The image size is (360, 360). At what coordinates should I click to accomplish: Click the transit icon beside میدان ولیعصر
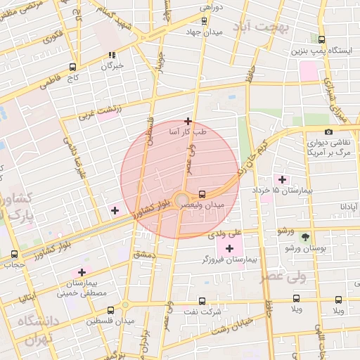click(202, 193)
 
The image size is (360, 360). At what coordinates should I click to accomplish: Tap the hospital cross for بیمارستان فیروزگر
click(229, 248)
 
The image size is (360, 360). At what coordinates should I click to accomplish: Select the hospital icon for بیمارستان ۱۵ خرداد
click(284, 179)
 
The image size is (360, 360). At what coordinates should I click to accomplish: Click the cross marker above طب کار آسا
click(188, 121)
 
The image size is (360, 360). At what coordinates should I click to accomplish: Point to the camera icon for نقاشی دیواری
click(328, 132)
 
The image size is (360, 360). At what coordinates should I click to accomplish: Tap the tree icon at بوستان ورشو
click(304, 237)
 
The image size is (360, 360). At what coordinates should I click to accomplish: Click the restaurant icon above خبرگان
click(111, 56)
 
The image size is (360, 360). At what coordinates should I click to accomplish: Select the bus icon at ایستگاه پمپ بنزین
click(322, 40)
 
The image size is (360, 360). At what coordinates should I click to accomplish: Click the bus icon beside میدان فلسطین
click(110, 310)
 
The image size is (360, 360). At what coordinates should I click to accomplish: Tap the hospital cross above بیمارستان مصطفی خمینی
click(82, 271)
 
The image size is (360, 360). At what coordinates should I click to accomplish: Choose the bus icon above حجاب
click(15, 254)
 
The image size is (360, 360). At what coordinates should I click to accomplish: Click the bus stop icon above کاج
click(72, 67)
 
